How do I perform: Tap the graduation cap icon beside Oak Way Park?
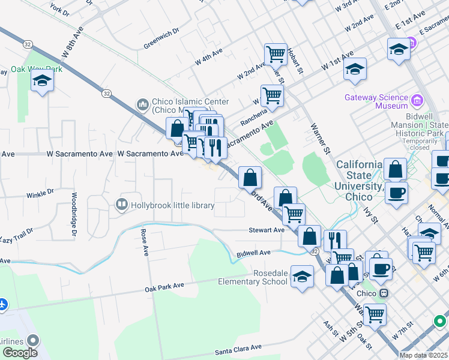pyautogui.click(x=42, y=82)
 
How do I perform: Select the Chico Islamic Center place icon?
pyautogui.click(x=143, y=105)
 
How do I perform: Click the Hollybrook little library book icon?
pyautogui.click(x=122, y=205)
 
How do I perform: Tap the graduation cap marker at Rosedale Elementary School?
pyautogui.click(x=303, y=276)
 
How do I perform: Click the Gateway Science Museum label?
pyautogui.click(x=375, y=101)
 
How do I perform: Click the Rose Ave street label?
pyautogui.click(x=144, y=242)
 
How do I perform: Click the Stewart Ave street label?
pyautogui.click(x=267, y=230)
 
